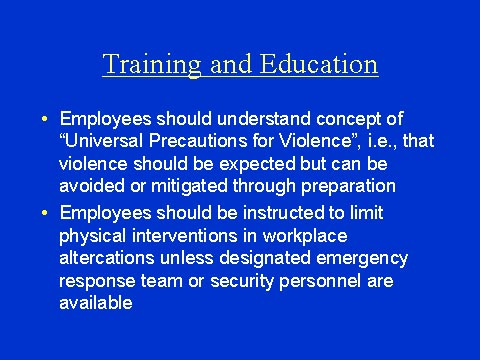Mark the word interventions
178,235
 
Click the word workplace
296,235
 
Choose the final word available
95,303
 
